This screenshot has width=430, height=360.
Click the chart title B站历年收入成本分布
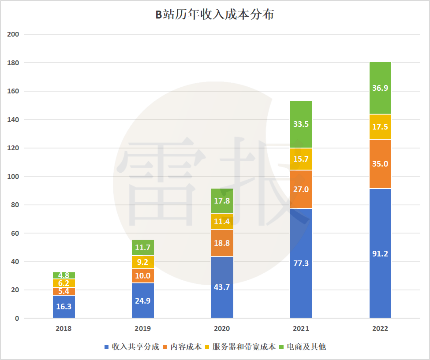pos(215,15)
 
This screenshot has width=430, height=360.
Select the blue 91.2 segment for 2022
pos(380,253)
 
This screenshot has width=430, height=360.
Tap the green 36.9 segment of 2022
pos(380,88)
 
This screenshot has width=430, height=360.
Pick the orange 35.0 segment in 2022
pos(380,164)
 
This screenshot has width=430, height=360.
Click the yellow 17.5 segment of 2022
pos(380,127)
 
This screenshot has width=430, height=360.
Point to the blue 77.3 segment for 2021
pos(301,264)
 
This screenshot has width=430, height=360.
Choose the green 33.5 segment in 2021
pos(301,124)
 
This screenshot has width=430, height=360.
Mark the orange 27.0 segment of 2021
pos(301,189)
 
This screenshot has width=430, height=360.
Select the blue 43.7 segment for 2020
pos(222,287)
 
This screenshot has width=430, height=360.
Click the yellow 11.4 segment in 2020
pos(222,222)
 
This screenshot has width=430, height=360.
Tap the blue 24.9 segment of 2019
pos(143,301)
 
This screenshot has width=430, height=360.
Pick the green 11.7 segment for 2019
pos(143,248)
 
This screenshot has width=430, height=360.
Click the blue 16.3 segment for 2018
pos(64,307)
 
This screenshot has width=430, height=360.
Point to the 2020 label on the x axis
pos(222,329)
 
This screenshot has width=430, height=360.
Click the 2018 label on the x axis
pos(64,329)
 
